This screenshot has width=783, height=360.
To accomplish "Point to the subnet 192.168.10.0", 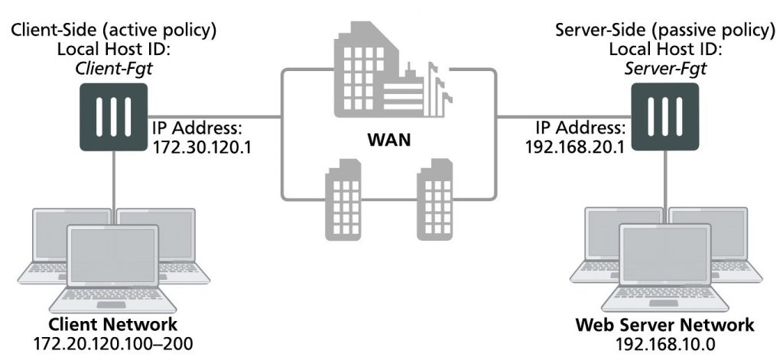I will pos(664,343).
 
